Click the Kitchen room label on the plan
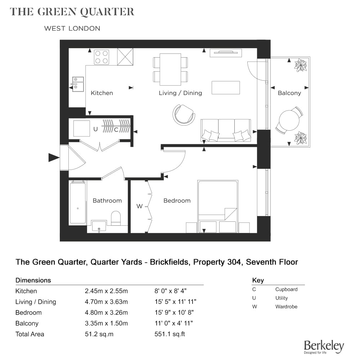pos(102,93)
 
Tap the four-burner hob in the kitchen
pos(102,57)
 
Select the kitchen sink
pos(78,84)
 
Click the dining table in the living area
pos(170,69)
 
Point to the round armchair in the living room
pos(184,114)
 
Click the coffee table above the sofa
pos(226,87)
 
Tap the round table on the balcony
pos(289,120)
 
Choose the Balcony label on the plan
pos(289,93)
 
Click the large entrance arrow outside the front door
pos(54,158)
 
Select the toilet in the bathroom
pos(116,218)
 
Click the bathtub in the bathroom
pos(78,202)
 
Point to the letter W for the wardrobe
pos(139,206)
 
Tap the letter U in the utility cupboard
pos(95,129)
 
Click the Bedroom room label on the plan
pos(177,201)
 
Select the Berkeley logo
pos(324,347)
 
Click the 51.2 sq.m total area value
pos(99,334)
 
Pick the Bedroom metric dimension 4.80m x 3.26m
pos(106,312)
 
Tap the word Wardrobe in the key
pos(286,306)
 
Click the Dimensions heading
pos(33,280)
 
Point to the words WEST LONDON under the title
pos(72,28)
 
